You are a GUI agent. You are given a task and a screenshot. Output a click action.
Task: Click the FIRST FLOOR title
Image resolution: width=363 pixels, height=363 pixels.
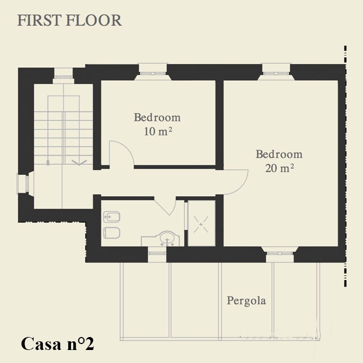pyautogui.click(x=69, y=21)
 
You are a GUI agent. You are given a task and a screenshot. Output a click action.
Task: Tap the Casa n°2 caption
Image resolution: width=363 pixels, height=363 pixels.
pyautogui.click(x=57, y=344)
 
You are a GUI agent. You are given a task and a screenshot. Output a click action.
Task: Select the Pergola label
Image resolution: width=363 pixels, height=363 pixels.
pyautogui.click(x=247, y=301)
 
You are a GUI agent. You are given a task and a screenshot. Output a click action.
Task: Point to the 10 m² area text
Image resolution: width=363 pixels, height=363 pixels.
pyautogui.click(x=158, y=132)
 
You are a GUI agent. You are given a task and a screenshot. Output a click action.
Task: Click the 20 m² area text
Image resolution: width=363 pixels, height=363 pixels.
pyautogui.click(x=280, y=168)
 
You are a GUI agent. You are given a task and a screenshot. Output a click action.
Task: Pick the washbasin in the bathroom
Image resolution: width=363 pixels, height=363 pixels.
pyautogui.click(x=166, y=238)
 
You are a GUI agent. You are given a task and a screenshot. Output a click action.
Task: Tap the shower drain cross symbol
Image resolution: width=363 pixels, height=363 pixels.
pyautogui.click(x=201, y=224)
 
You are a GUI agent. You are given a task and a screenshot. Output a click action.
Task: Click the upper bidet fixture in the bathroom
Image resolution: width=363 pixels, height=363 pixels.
pyautogui.click(x=112, y=217)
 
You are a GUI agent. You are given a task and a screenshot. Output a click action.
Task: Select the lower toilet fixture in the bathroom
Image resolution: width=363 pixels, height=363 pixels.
pyautogui.click(x=112, y=232)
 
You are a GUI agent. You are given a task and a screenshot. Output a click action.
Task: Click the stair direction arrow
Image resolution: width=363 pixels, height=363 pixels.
pyautogui.click(x=79, y=163)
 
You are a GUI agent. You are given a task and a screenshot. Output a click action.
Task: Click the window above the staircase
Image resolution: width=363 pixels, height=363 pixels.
pyautogui.click(x=63, y=76)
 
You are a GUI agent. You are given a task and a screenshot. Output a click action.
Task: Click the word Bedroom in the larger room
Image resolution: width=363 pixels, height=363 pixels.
pyautogui.click(x=279, y=154)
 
